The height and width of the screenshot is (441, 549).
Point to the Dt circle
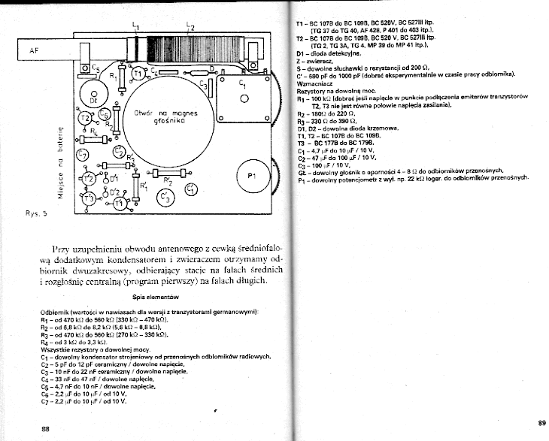tap(93, 98)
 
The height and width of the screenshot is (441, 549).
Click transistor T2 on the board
tap(84, 120)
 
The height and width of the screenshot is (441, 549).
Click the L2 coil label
tap(190, 27)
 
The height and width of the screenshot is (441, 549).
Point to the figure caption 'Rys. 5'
tap(35, 213)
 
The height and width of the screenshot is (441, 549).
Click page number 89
tap(541, 421)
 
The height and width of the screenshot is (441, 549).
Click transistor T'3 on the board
tap(89, 198)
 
